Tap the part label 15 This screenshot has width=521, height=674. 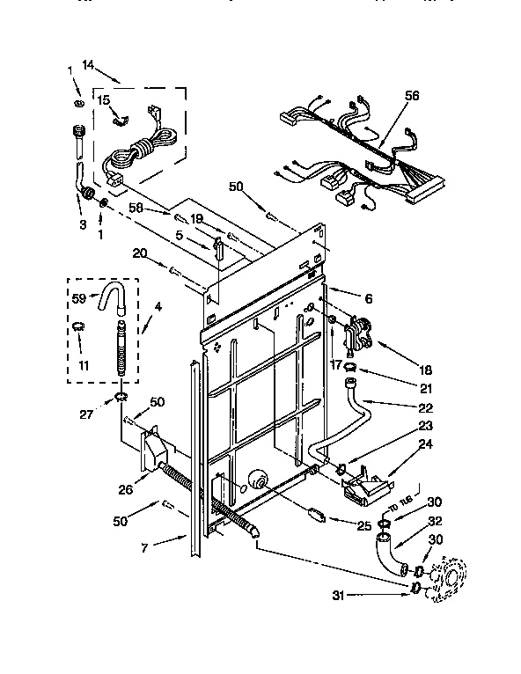click(103, 101)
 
